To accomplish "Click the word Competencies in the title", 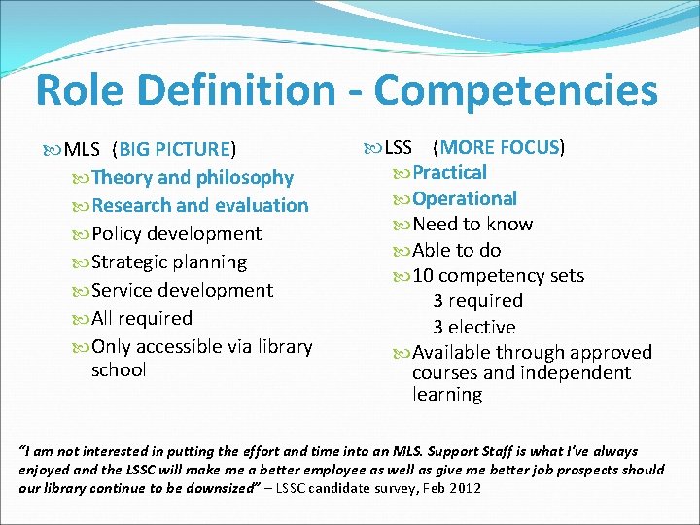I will pos(516,91).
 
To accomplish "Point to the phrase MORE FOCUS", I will pos(500,148).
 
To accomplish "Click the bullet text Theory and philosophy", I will pos(192,178).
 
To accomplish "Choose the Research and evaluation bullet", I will pos(199,206).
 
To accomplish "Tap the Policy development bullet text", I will pos(176,234).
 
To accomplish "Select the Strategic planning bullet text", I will pos(169,262).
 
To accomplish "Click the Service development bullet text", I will pos(182,291).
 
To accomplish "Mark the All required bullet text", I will pos(142,319).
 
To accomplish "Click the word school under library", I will pos(119,369).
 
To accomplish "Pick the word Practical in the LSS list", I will pos(449,173).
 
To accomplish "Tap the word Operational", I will pos(464,199).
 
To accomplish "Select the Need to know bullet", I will pos(472,225).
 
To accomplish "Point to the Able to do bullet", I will pos(456,251).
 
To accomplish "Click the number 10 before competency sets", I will pos(424,276).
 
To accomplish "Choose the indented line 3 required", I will pos(477,301).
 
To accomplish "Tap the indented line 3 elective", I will pos(474,328).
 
